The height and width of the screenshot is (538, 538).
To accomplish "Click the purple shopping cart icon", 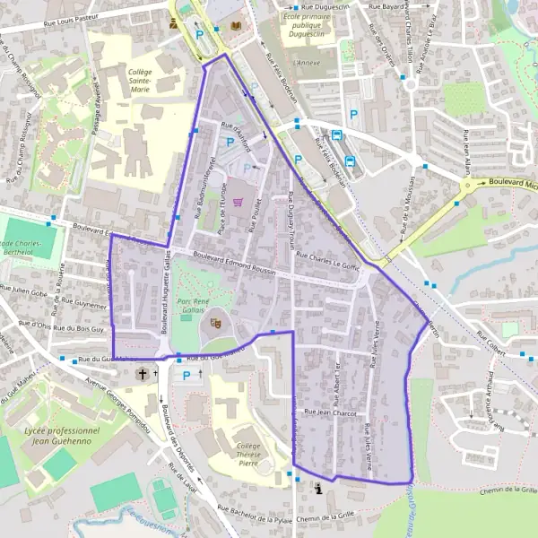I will tap(238, 202).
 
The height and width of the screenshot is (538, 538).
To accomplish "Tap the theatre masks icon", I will tap(215, 320).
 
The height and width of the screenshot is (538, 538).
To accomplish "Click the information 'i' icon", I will tap(318, 488).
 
